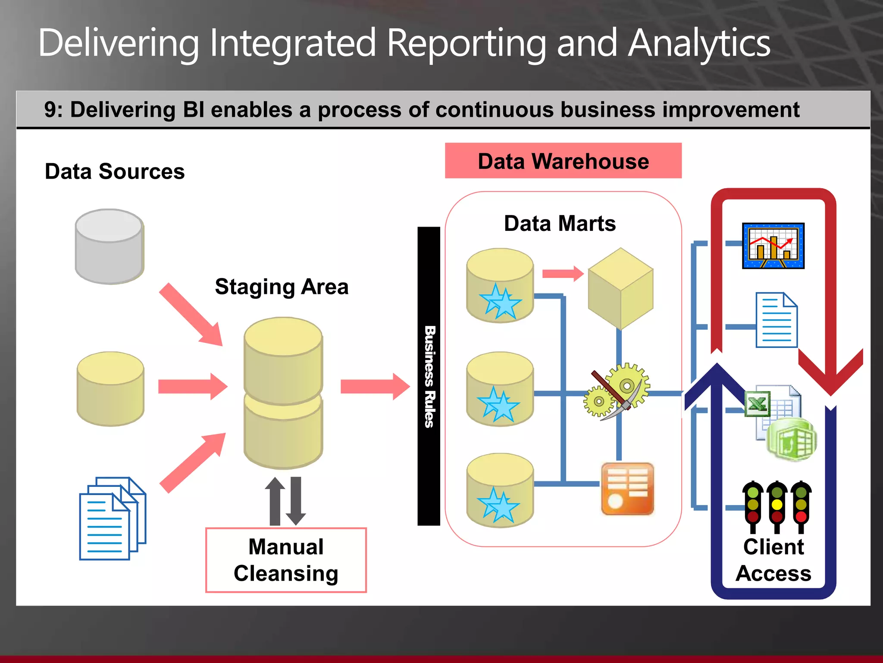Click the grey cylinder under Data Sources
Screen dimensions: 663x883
110,247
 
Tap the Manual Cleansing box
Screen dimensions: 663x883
286,560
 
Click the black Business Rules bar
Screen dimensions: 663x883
429,376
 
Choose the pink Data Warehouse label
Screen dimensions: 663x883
563,161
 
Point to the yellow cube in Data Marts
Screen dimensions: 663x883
620,288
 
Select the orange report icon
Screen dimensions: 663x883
627,489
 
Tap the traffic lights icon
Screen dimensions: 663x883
777,506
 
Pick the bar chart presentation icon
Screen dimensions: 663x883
773,246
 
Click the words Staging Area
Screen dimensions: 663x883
282,287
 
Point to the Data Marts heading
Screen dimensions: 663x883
560,224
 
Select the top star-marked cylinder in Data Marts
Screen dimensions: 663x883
500,285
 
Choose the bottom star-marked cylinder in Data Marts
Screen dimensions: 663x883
500,490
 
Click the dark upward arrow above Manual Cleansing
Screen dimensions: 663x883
275,501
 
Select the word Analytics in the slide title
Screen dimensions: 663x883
698,43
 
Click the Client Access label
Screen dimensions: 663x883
773,560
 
